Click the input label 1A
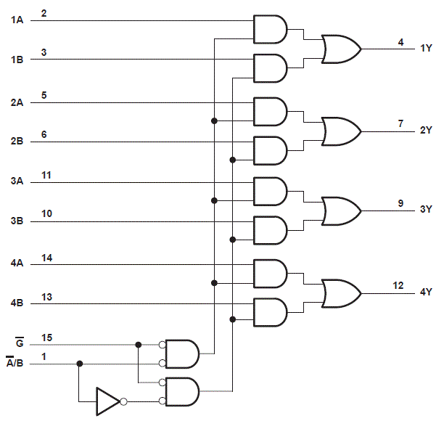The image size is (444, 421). point(17,20)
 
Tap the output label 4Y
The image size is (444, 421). point(426,293)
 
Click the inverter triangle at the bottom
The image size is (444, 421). point(107,400)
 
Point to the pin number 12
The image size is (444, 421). point(398,286)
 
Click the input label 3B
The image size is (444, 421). point(17,221)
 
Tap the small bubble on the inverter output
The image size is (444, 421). point(124,401)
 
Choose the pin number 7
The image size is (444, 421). point(400,123)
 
